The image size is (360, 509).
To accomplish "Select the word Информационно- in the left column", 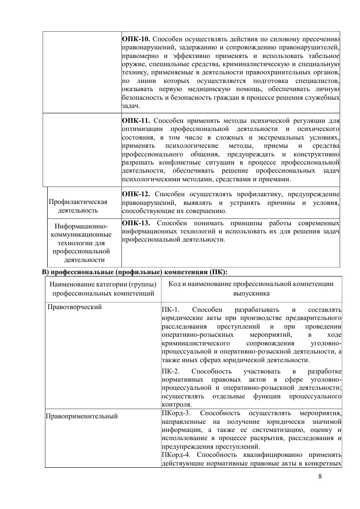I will coord(80,226).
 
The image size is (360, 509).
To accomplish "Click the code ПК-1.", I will coord(170,310).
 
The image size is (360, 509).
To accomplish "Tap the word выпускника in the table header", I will coord(251,293).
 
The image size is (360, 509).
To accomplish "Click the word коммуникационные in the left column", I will coord(81,235).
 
